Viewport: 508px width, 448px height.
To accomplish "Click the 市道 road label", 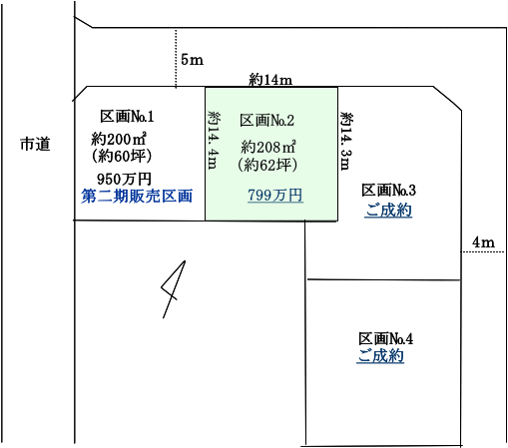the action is coord(35,144).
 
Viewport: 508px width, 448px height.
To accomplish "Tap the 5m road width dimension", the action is coord(192,60).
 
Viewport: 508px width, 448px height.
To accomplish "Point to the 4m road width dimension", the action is coord(483,242).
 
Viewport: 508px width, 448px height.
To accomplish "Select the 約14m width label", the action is coord(270,80).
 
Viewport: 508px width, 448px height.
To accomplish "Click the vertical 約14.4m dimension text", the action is coord(214,140).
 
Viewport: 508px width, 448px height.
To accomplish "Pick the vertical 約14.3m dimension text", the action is coord(346,141).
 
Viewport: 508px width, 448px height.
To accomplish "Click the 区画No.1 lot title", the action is coord(127,117).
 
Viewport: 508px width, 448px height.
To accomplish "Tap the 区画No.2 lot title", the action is coord(266,121).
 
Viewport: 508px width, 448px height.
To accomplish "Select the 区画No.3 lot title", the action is coord(388,191).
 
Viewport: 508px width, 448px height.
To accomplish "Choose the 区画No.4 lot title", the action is coord(385,339).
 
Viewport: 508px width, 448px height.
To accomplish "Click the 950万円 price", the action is coord(124,180).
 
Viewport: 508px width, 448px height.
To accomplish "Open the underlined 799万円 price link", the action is coord(275,196).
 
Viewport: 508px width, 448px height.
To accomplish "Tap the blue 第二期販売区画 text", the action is coord(137,196).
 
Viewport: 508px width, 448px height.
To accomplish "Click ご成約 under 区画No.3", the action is coord(388,211).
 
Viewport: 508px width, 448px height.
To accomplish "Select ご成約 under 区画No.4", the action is coord(380,356).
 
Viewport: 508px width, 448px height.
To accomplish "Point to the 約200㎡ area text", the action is coord(119,139).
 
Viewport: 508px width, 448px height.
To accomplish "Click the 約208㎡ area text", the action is coord(268,147).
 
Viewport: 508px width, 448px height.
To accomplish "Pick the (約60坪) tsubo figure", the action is coord(122,156).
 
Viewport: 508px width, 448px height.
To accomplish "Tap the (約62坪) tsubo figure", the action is coord(267,165).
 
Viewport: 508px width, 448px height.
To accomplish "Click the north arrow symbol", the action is coord(174,289).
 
